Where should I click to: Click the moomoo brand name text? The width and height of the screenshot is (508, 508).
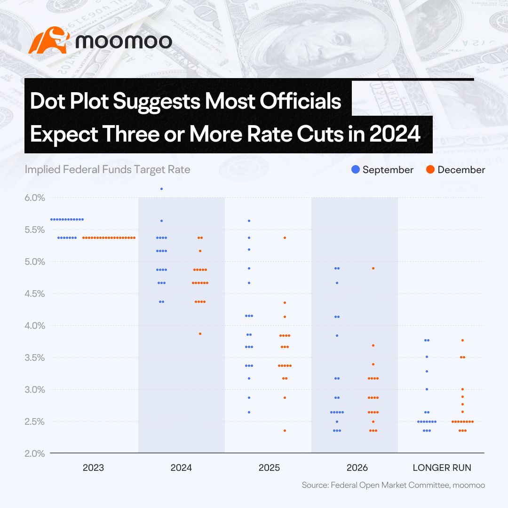point(124,41)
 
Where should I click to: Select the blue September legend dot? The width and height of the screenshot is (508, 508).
point(356,169)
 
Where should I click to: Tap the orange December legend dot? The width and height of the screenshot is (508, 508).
point(430,169)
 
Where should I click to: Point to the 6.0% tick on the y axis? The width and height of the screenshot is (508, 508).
point(35,198)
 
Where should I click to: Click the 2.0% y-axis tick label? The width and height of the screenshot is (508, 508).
point(35,453)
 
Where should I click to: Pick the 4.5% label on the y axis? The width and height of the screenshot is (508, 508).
point(35,294)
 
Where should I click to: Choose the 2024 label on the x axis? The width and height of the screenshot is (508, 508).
point(181,468)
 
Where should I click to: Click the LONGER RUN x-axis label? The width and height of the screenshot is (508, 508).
point(442,468)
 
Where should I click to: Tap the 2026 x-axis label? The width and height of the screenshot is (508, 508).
point(357,468)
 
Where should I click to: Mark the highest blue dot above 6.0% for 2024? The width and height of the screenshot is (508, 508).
point(162,189)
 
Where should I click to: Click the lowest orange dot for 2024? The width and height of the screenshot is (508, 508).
point(200,333)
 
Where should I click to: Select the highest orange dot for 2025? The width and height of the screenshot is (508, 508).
point(285,238)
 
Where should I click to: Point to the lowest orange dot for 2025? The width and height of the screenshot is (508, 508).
point(285,430)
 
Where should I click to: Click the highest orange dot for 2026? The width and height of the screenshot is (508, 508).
point(373,268)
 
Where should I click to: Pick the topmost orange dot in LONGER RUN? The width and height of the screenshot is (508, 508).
point(463,340)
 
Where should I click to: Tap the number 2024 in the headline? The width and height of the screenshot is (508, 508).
point(395,134)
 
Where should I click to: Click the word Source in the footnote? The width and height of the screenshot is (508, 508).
point(315,485)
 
